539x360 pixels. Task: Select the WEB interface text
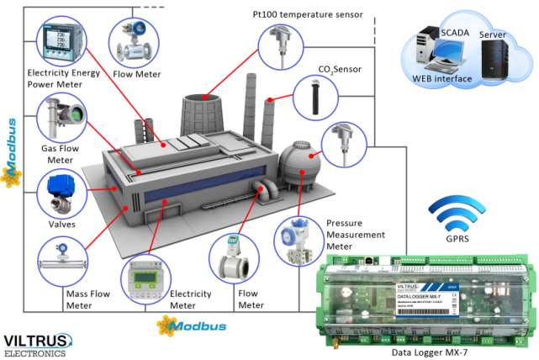click(x=441, y=78)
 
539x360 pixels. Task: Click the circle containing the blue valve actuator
click(x=61, y=193)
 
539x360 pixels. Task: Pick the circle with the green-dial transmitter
click(x=61, y=119)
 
